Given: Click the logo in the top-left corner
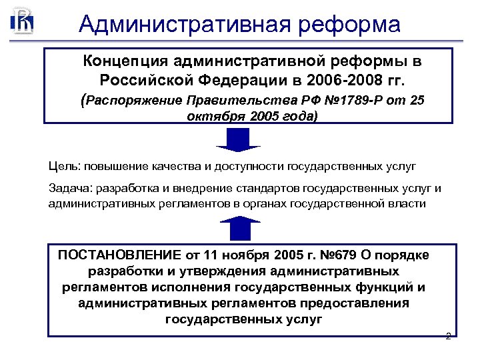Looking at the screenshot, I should pyautogui.click(x=21, y=21).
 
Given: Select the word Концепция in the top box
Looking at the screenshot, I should pyautogui.click(x=125, y=62).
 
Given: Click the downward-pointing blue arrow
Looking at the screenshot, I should pyautogui.click(x=238, y=139).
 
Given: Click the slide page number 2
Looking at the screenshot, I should pyautogui.click(x=448, y=336).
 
